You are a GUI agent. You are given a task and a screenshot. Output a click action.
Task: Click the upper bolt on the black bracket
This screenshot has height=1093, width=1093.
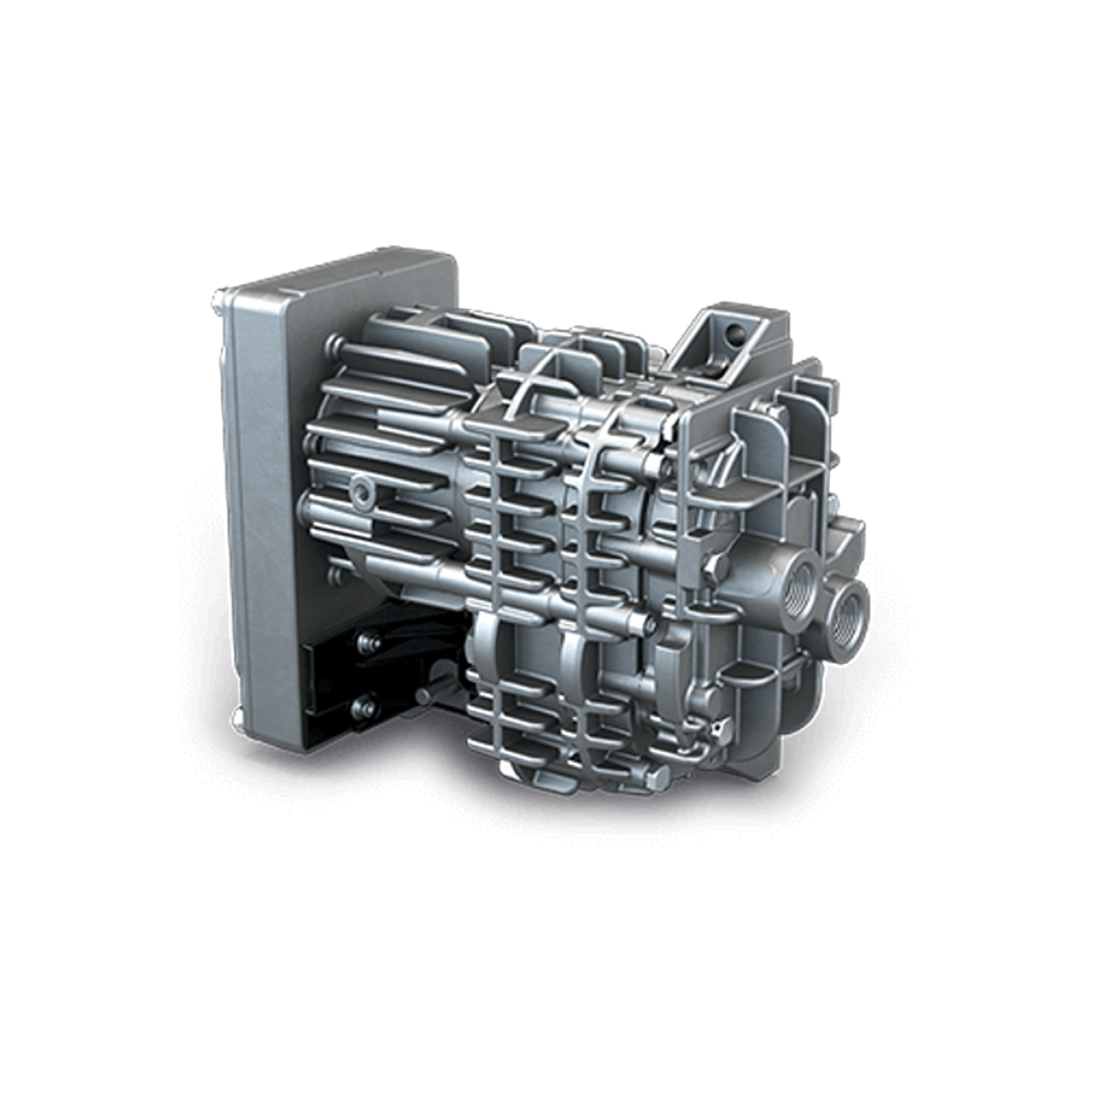[367, 643]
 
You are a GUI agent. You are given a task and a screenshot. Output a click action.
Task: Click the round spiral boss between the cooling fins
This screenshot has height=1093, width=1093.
[363, 491]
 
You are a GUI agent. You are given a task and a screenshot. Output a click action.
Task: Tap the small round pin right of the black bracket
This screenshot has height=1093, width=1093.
[424, 696]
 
